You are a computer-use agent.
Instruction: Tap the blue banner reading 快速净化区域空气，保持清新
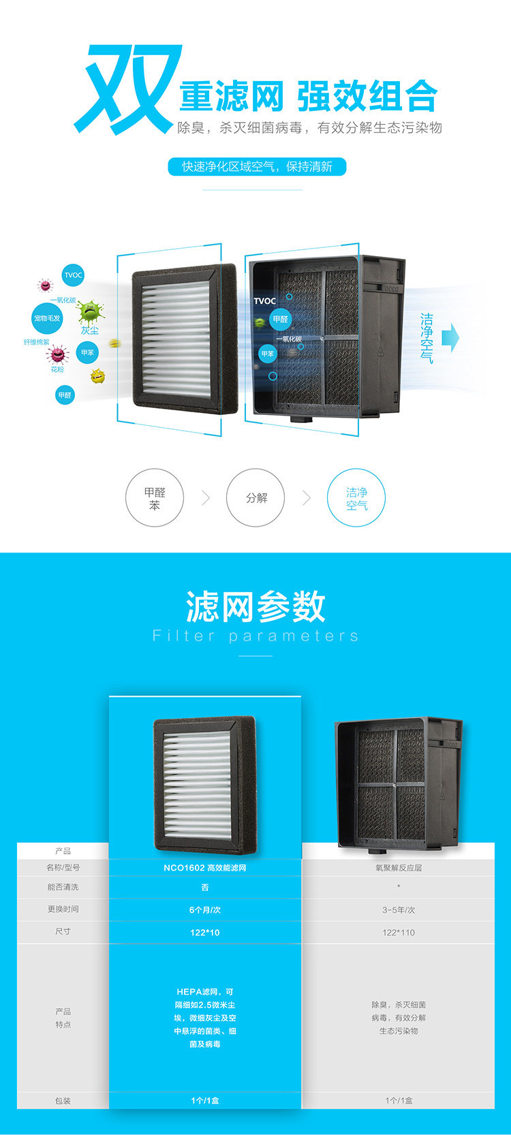257,167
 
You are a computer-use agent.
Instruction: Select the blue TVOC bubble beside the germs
73,275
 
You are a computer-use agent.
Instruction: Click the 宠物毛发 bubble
47,318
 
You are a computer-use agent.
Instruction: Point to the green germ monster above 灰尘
89,312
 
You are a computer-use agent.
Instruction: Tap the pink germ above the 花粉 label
57,354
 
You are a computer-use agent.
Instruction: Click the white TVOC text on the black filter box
265,300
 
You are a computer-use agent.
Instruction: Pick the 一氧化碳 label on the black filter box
289,339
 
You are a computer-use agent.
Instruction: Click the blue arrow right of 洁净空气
450,337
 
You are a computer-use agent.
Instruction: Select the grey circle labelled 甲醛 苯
155,498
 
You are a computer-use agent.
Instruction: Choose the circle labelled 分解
255,498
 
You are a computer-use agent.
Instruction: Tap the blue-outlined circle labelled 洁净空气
356,498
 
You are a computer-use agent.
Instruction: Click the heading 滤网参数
255,606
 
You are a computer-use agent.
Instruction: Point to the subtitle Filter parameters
255,636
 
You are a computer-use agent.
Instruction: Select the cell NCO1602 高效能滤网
205,867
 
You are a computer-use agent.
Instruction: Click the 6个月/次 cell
205,909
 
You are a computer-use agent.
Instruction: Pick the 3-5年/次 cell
399,909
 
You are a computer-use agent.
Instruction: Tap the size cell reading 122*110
399,932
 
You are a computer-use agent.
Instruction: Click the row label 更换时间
63,909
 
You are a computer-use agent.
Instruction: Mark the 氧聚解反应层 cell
399,867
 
